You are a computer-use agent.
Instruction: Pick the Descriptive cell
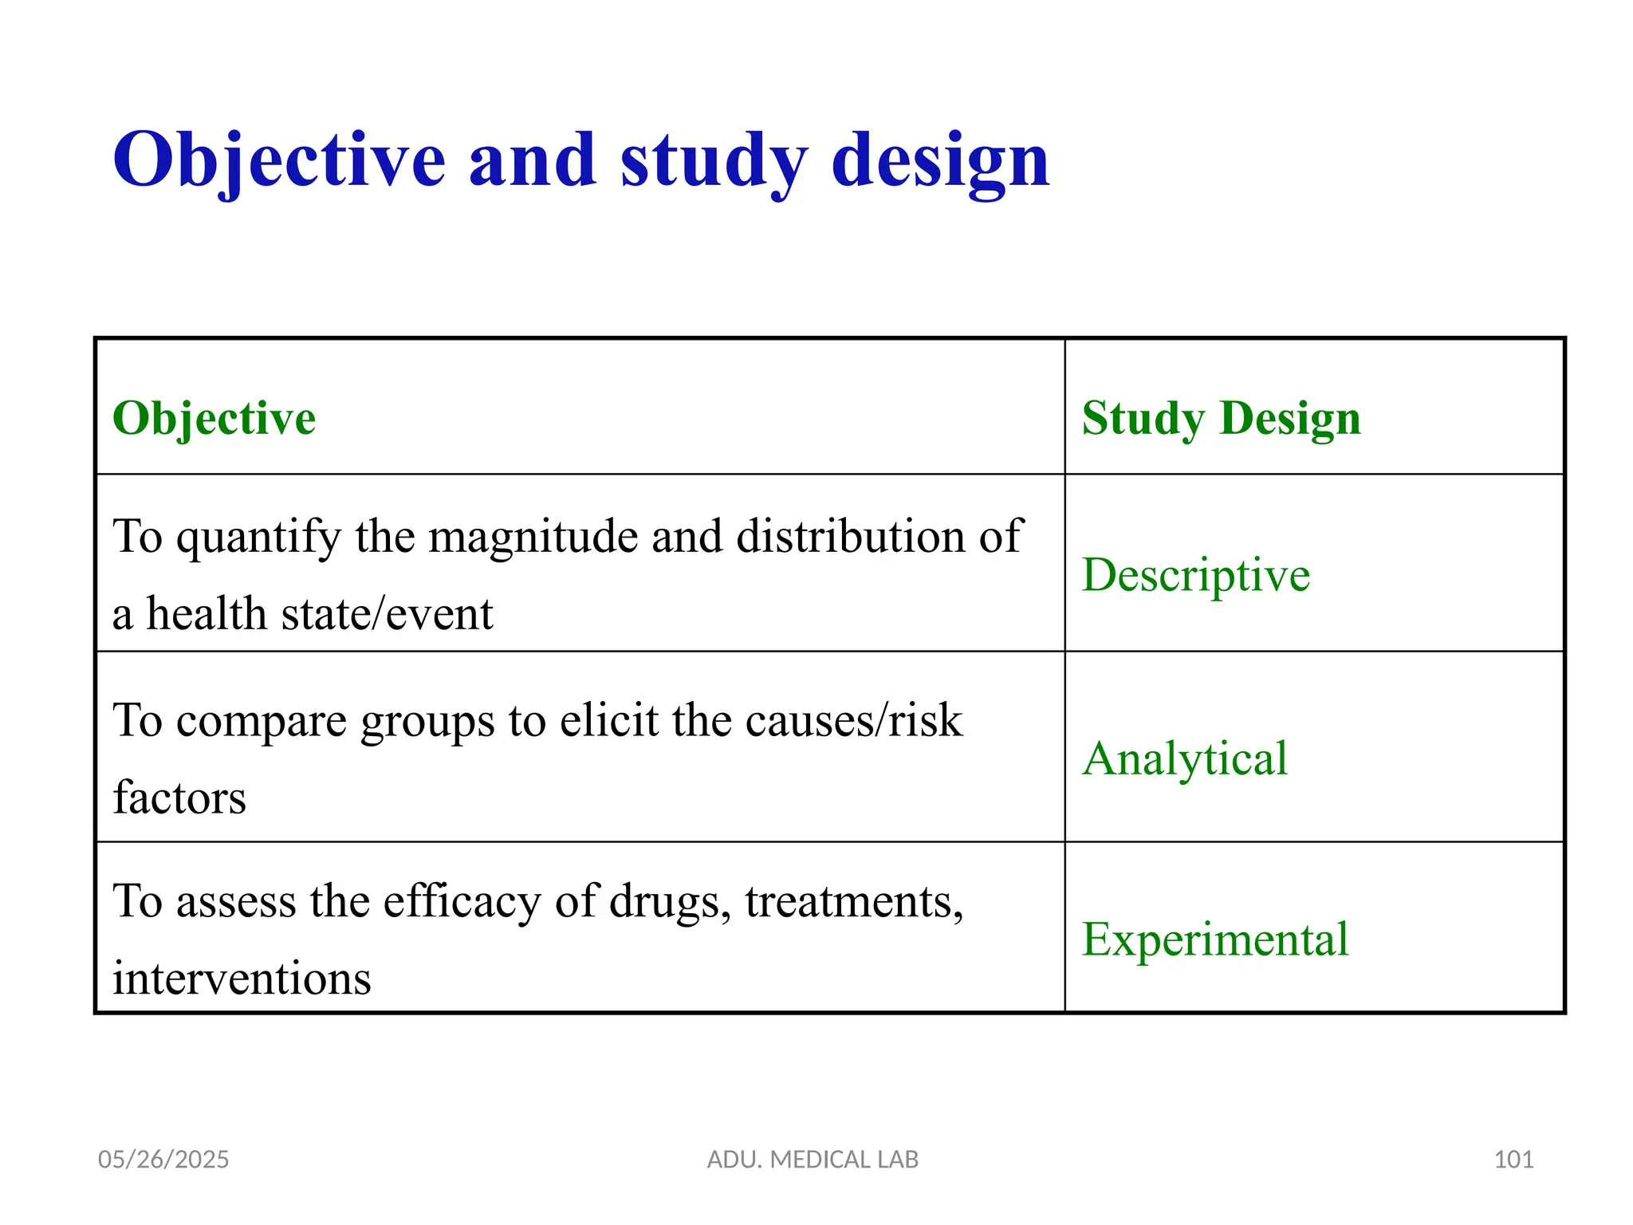1195,574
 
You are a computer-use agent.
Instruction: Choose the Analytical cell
1185,758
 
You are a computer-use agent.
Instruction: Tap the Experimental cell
1214,939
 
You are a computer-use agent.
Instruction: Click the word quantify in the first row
258,536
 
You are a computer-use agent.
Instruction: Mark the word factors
179,798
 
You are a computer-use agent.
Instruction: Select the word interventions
242,979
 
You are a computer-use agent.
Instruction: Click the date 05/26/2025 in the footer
163,1160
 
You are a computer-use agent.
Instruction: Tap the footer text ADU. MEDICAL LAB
813,1160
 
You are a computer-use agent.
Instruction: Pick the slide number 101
1513,1160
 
